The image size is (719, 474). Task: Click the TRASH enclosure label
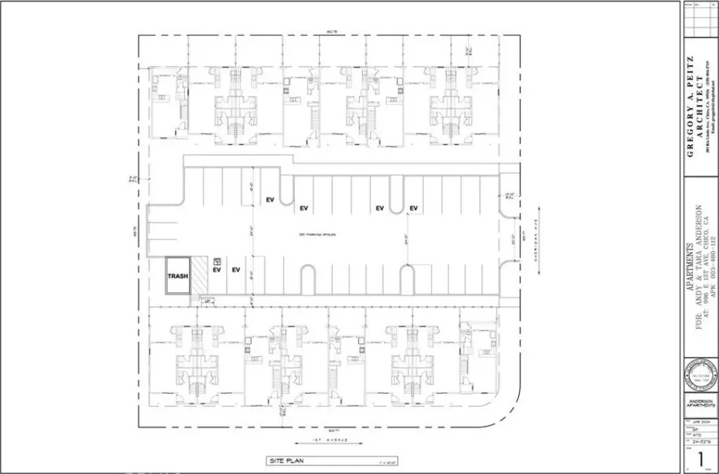click(178, 276)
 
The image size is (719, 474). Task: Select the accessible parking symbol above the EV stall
click(216, 260)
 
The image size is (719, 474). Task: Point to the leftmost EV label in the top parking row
click(269, 200)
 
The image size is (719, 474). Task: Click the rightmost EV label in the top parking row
click(414, 208)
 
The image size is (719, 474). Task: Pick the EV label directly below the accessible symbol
click(217, 270)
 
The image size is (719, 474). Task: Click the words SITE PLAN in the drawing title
click(283, 461)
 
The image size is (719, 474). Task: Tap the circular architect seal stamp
click(699, 378)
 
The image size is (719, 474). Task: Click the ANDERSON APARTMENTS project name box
click(699, 404)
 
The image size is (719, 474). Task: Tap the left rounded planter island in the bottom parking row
click(308, 279)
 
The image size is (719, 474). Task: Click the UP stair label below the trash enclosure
click(207, 301)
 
